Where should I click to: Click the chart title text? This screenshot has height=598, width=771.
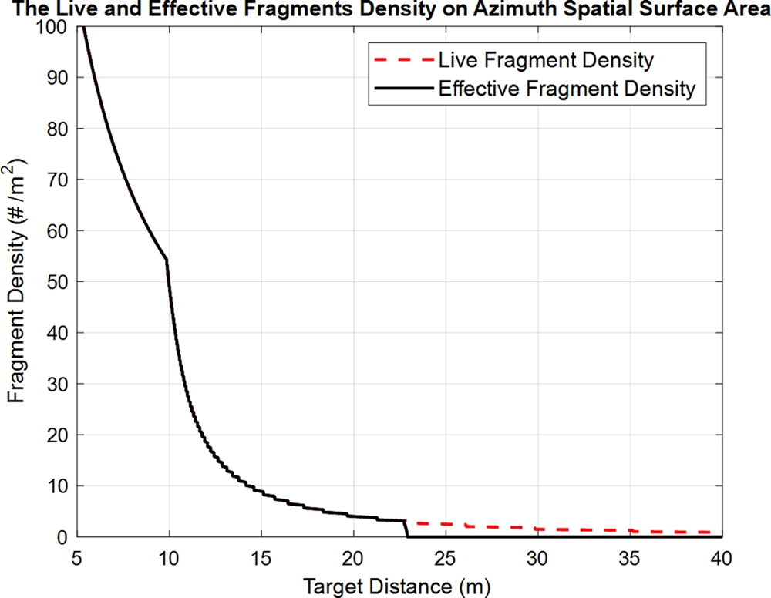[x=385, y=9]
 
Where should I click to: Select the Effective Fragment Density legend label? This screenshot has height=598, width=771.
[x=567, y=89]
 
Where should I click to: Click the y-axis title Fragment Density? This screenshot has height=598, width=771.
[x=19, y=281]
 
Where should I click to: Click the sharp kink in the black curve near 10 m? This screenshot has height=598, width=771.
[x=167, y=260]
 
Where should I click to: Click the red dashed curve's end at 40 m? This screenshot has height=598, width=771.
[x=720, y=532]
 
